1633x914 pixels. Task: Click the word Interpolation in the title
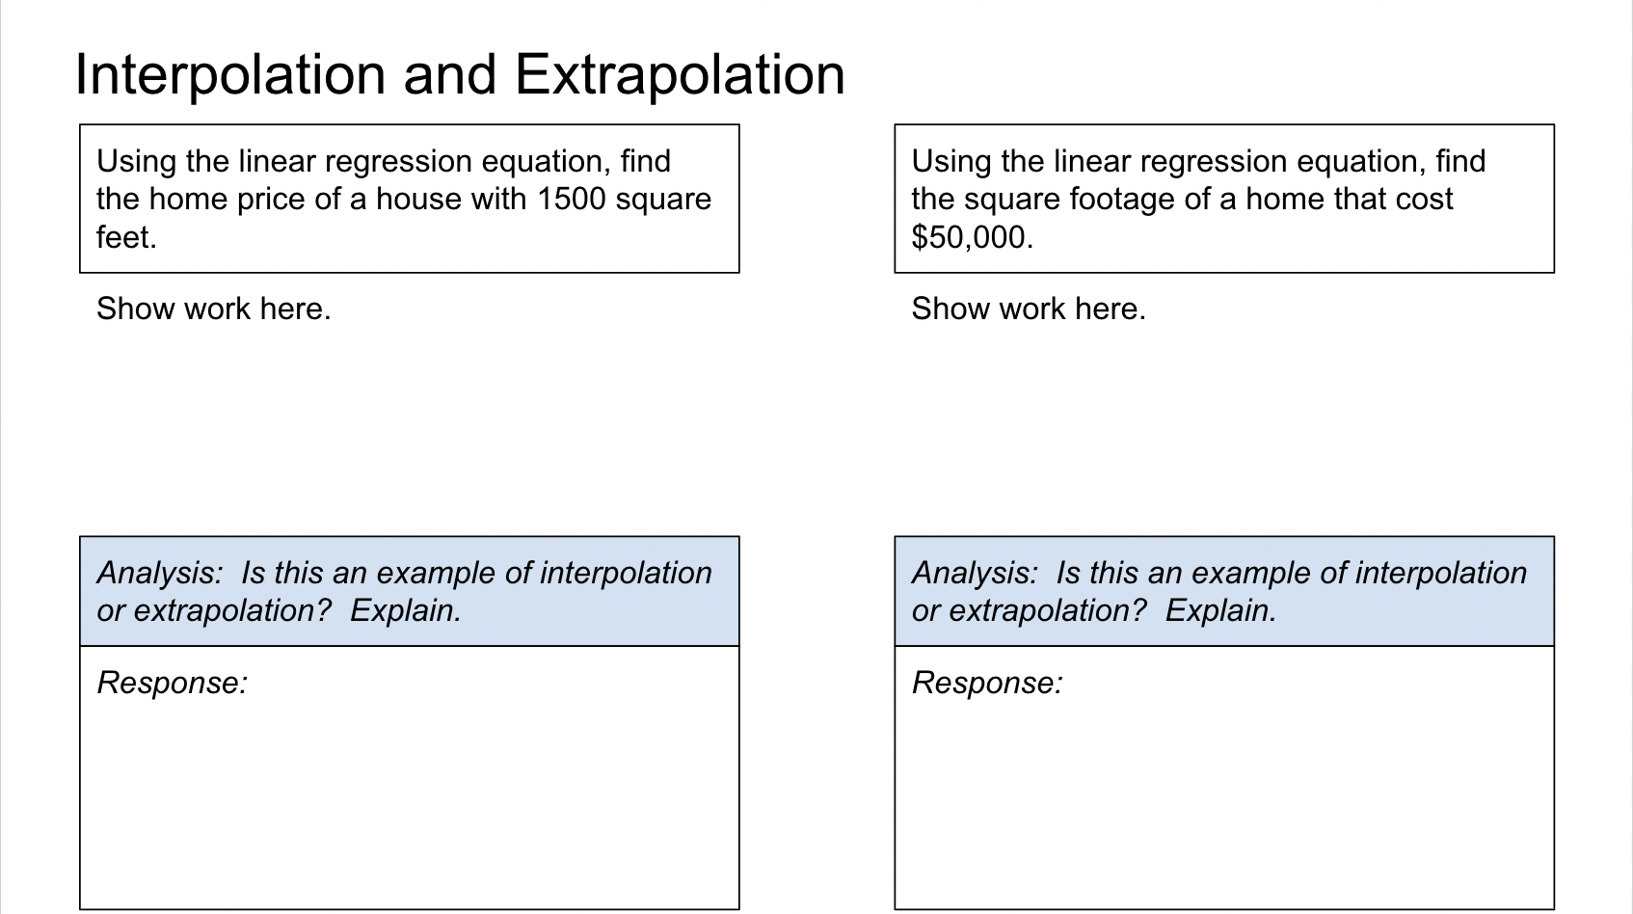[x=230, y=75]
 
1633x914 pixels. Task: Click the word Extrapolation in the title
[x=680, y=75]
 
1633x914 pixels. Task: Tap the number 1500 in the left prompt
[x=572, y=199]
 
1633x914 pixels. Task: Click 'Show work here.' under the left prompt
[x=214, y=309]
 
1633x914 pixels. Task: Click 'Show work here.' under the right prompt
[x=1029, y=309]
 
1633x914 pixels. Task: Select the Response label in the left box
[x=173, y=684]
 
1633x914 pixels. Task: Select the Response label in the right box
[x=988, y=684]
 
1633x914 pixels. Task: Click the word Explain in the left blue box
[x=402, y=611]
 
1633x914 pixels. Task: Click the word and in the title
[x=450, y=75]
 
